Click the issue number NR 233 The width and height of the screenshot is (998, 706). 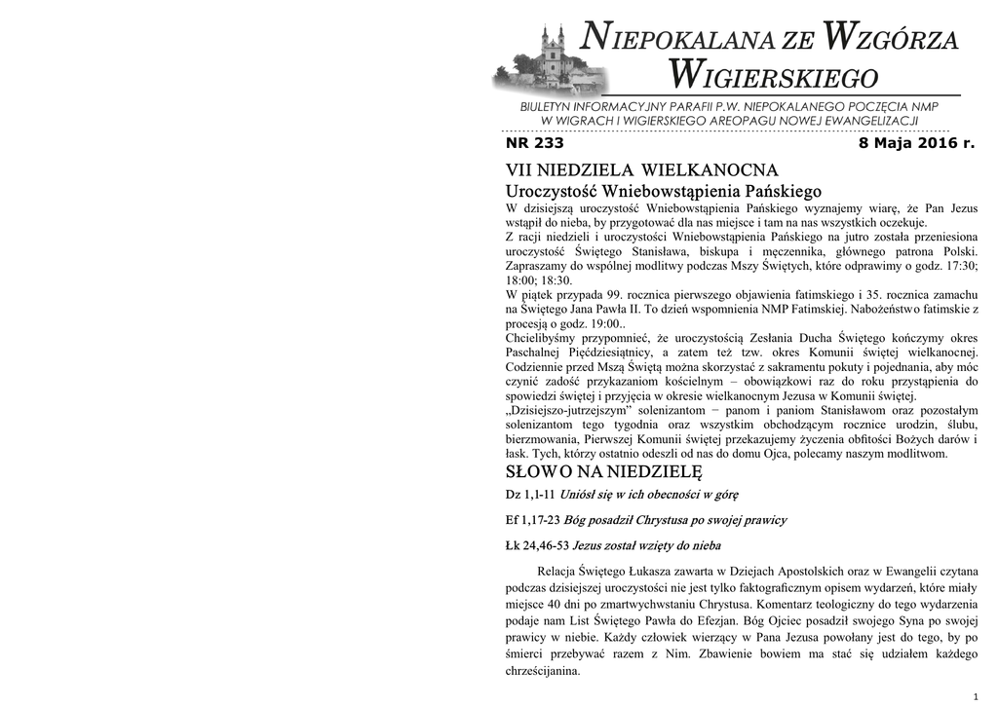tap(534, 144)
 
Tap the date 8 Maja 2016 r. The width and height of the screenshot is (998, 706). tap(916, 144)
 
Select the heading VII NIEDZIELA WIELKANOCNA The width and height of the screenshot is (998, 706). tap(641, 171)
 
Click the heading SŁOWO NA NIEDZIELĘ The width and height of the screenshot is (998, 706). tap(603, 472)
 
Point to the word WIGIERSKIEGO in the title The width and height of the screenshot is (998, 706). tap(774, 73)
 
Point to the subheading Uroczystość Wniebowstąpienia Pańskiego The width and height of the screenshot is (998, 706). tap(664, 190)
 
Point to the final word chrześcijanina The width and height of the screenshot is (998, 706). tap(542, 672)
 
